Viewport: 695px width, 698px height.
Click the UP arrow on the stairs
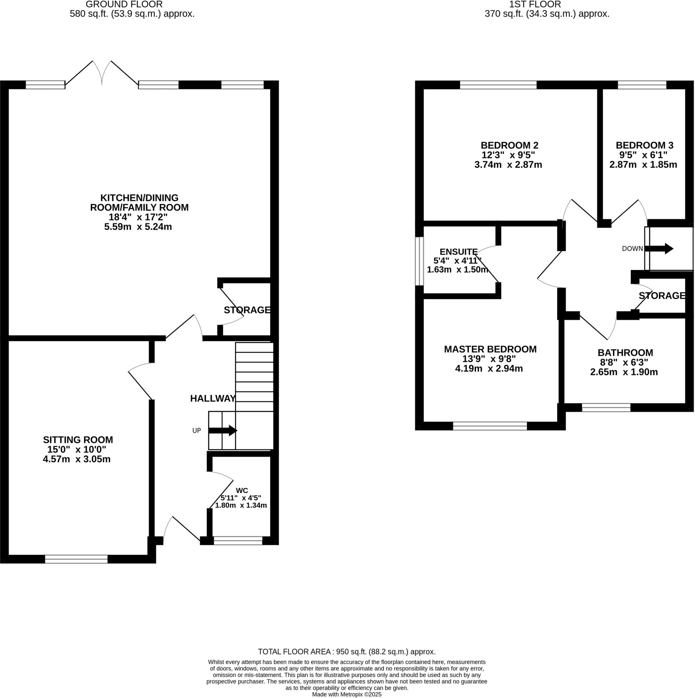223,431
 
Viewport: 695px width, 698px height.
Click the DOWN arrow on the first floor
659,248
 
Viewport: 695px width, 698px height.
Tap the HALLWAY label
213,398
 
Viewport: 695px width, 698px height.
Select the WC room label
242,490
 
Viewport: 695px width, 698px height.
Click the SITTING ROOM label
78,440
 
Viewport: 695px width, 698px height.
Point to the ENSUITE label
458,252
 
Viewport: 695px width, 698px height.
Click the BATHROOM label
625,353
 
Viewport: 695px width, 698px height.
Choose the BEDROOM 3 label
645,145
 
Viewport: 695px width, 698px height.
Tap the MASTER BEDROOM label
490,349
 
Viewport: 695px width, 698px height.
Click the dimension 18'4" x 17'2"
138,217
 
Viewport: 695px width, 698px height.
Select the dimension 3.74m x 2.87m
508,165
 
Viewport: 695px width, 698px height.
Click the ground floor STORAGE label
247,310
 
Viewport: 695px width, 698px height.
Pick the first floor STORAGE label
662,296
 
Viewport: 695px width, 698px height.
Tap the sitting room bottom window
76,559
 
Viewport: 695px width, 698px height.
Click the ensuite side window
419,261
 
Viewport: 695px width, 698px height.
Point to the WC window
238,541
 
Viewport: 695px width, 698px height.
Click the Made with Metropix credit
346,694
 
